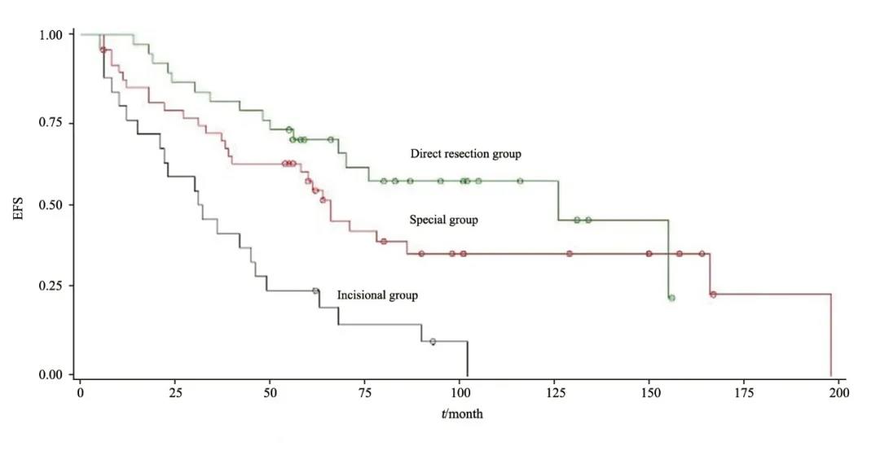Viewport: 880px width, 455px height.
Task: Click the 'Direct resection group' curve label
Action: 465,153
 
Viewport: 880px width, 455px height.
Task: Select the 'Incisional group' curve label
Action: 377,295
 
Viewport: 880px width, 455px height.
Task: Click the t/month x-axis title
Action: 460,414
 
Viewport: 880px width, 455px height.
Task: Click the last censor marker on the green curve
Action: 671,298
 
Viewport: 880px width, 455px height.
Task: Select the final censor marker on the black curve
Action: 433,342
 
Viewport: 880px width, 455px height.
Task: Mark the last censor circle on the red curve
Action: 713,294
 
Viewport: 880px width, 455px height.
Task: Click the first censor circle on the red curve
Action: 103,50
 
